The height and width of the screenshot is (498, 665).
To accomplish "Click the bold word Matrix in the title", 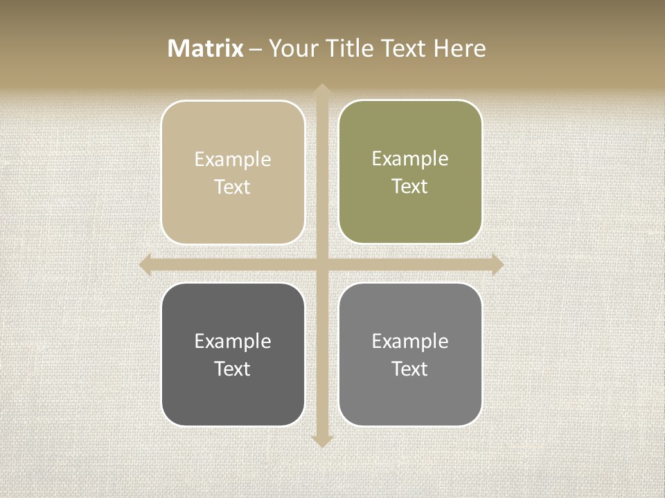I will (x=206, y=48).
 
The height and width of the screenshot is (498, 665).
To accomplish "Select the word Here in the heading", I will (x=460, y=48).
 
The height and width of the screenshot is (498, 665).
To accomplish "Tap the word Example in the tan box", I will (x=233, y=159).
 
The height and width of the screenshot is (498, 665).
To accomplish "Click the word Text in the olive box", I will (x=410, y=186).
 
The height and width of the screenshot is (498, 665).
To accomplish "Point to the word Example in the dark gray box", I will (x=233, y=341).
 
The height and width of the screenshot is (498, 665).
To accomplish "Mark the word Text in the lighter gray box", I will (x=410, y=369).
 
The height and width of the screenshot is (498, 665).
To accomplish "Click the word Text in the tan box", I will (x=233, y=187).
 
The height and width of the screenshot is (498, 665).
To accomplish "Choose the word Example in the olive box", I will (x=410, y=158).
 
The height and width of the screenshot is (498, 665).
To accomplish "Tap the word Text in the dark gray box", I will (x=233, y=369).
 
